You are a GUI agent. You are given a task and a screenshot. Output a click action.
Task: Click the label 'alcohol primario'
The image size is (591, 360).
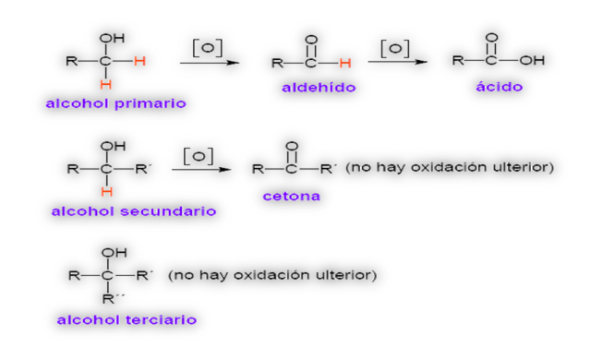pyautogui.click(x=115, y=103)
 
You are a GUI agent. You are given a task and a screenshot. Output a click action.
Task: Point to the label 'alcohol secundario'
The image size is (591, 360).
pyautogui.click(x=134, y=211)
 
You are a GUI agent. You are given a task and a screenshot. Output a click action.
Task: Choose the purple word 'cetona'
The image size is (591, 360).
pyautogui.click(x=291, y=196)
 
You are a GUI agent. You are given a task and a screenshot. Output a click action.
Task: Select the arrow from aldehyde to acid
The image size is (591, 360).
pyautogui.click(x=397, y=62)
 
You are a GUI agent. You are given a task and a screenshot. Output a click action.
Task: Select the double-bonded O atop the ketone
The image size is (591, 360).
pyautogui.click(x=292, y=146)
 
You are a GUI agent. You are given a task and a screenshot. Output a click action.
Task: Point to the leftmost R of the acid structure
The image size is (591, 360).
pyautogui.click(x=457, y=61)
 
